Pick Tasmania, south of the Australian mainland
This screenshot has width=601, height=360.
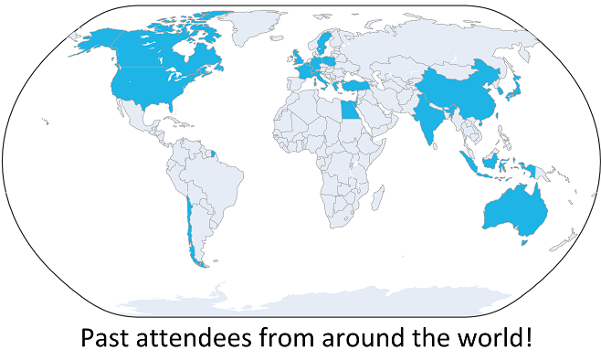pyautogui.click(x=523, y=241)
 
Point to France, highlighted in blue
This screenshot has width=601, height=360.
pyautogui.click(x=300, y=69)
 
